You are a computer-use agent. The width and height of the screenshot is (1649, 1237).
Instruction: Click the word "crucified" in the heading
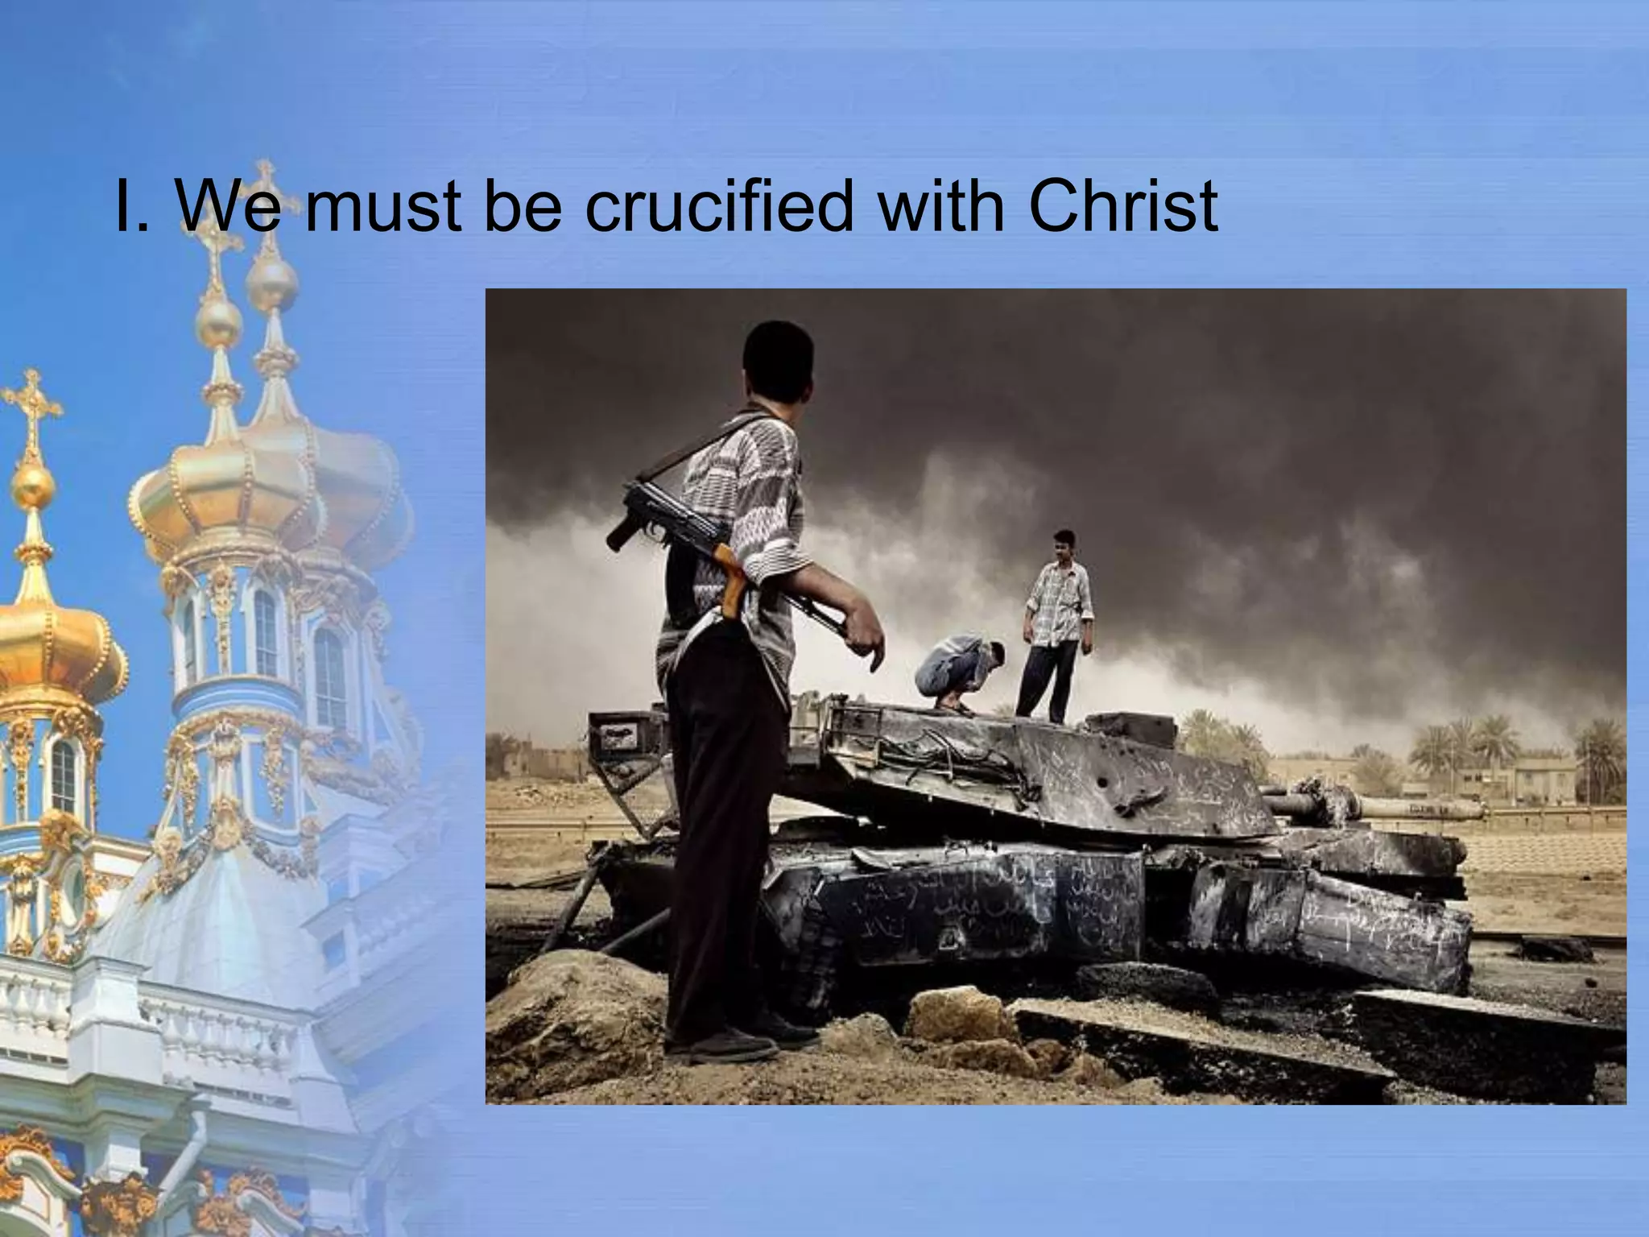click(717, 207)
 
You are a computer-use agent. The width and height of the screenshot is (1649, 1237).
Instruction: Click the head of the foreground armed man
click(776, 358)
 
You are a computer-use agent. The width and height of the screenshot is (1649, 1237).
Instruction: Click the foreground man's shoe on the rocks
click(725, 1044)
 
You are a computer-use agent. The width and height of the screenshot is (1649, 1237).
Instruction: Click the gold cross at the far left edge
click(31, 403)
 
